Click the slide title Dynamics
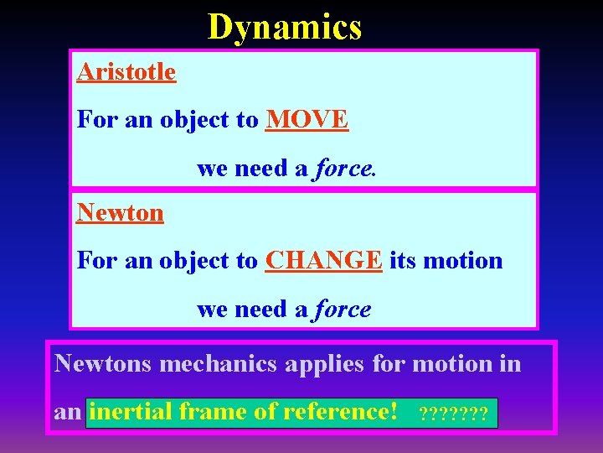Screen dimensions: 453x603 coord(285,27)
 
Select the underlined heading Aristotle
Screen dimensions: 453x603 coord(126,72)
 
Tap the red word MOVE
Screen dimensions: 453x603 coord(307,120)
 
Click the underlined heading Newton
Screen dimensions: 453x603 coord(120,212)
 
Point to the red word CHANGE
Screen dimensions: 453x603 coord(324,261)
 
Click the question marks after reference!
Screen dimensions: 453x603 coord(453,414)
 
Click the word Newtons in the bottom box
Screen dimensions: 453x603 coord(102,364)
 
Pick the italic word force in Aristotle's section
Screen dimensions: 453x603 coord(343,169)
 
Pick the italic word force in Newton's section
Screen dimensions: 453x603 coord(342,310)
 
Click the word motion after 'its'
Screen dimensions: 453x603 coord(463,261)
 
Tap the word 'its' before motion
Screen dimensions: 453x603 coord(403,261)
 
